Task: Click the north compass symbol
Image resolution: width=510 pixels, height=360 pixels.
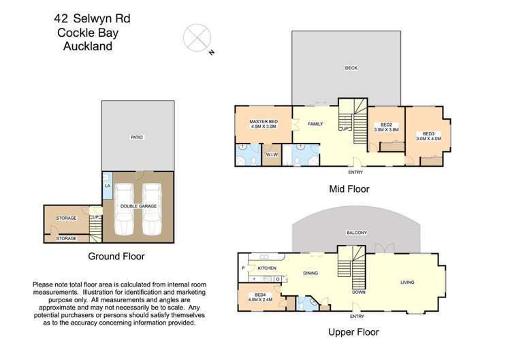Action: tap(197, 36)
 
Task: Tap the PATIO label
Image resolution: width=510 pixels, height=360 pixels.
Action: tap(137, 137)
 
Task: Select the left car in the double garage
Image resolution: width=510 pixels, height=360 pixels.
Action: tap(125, 210)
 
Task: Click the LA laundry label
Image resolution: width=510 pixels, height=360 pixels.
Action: tap(107, 186)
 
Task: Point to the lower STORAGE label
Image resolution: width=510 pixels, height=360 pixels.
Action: tap(66, 238)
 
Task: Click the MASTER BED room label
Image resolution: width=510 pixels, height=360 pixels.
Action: tap(263, 120)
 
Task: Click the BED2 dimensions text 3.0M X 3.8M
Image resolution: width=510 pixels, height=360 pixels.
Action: tap(386, 129)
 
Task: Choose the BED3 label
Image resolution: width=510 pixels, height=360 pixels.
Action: tap(428, 133)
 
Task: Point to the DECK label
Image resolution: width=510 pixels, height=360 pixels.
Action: tap(351, 68)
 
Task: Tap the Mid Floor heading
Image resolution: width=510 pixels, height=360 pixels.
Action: tap(348, 189)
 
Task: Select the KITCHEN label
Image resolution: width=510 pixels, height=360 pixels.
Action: tap(266, 268)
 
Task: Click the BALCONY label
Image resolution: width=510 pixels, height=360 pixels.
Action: tap(356, 233)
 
